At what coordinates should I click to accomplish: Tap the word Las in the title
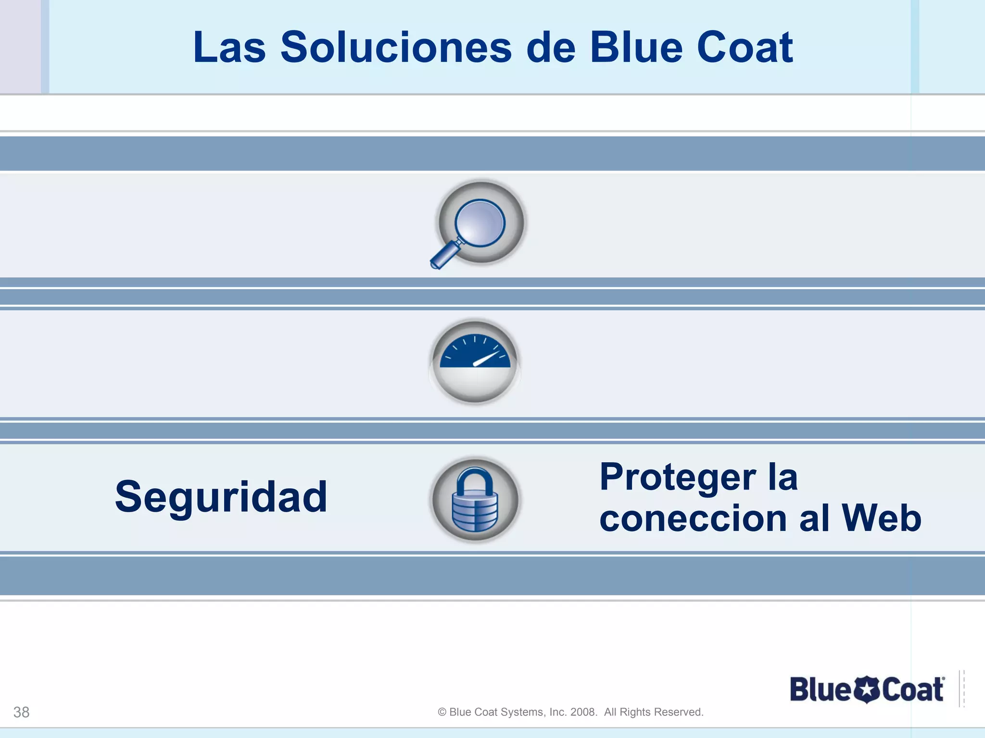pos(229,48)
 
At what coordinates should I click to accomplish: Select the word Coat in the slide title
pos(745,48)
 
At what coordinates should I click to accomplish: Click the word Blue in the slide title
pos(636,48)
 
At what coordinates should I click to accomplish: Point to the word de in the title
pos(551,48)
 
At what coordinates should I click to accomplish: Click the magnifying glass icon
pos(480,223)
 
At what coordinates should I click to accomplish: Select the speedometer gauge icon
pos(475,361)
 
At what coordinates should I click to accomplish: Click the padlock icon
pos(475,500)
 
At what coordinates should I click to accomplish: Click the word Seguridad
pos(221,497)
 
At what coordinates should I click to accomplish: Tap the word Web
pos(881,519)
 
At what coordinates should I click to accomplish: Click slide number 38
pos(21,712)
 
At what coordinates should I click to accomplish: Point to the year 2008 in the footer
pos(583,712)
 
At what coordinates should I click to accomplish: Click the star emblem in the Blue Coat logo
pos(866,690)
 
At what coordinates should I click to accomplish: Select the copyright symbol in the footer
pos(442,712)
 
